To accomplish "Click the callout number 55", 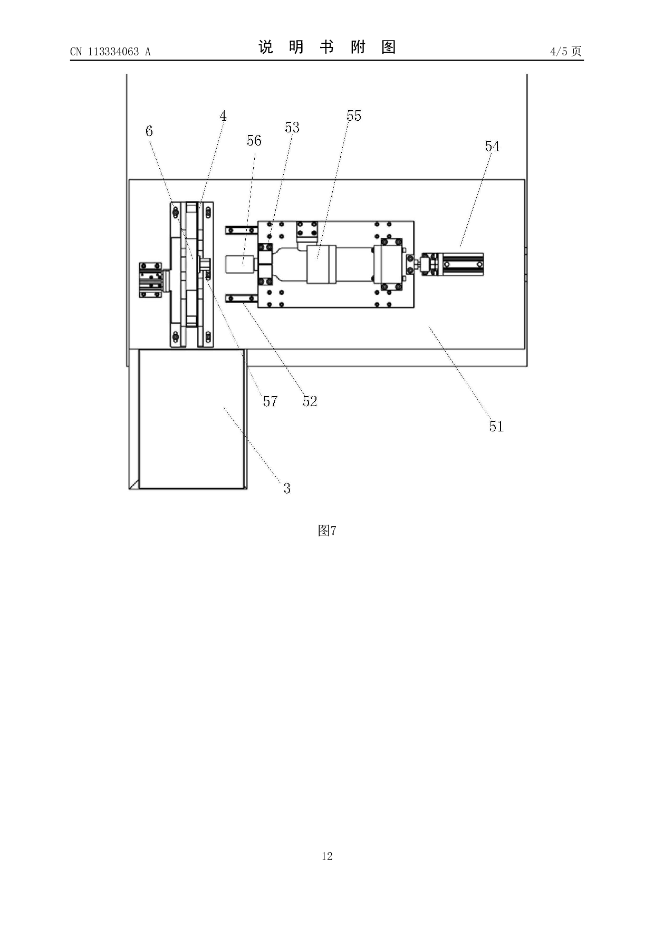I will click(x=354, y=116).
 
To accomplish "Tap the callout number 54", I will click(x=492, y=146).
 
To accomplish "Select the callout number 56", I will click(x=254, y=140).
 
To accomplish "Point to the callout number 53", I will click(x=292, y=127).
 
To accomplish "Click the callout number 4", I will click(x=223, y=116).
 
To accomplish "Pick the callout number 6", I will click(x=149, y=131).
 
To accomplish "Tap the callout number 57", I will click(x=270, y=401).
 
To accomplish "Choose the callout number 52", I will click(x=310, y=401).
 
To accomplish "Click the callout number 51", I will click(x=496, y=426).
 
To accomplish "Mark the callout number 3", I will click(x=287, y=488).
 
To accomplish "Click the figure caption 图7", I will click(x=327, y=531).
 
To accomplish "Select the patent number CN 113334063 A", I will click(x=110, y=51).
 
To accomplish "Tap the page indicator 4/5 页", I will click(x=565, y=51).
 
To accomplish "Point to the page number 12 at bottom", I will click(x=327, y=856).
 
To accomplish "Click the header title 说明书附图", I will click(x=327, y=47).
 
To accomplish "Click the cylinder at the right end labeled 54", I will click(x=462, y=264).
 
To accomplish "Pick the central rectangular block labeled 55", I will click(x=322, y=264).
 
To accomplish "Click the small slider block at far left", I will click(x=150, y=279).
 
